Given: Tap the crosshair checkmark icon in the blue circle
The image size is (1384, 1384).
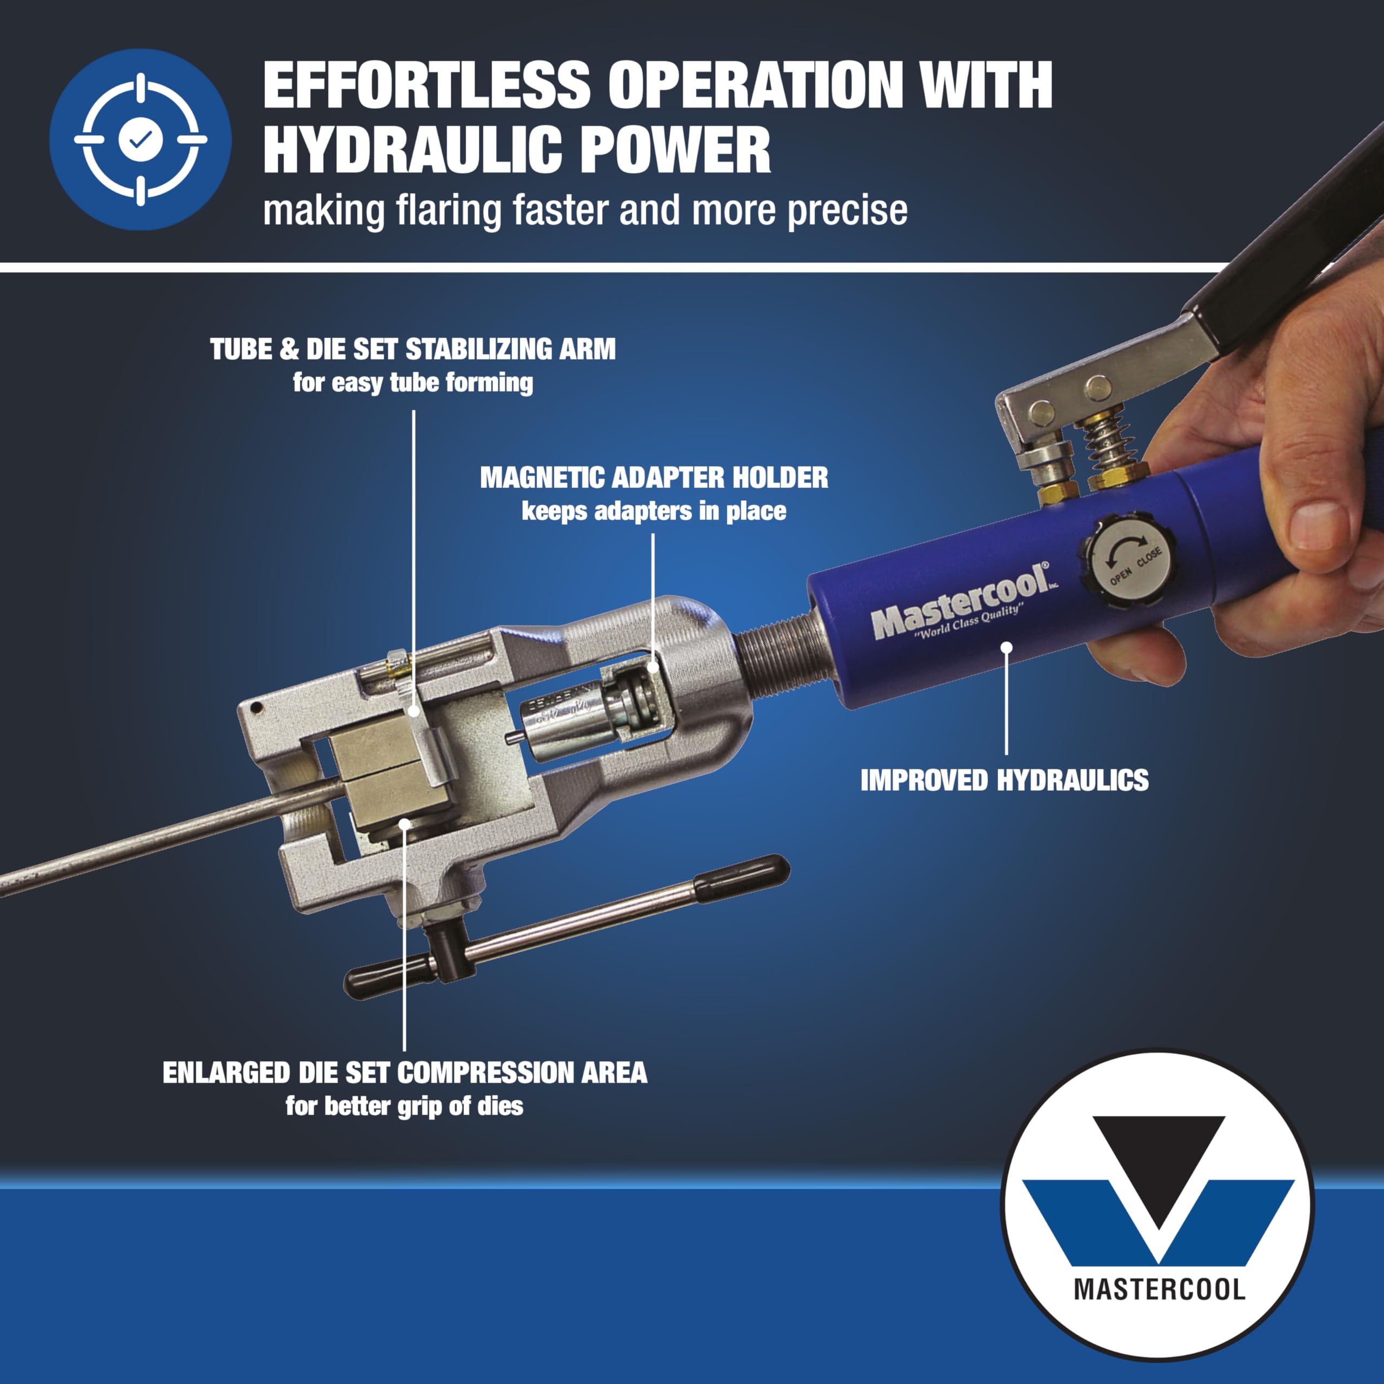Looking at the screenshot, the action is [141, 139].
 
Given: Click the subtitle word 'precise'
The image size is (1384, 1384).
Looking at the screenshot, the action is [848, 211].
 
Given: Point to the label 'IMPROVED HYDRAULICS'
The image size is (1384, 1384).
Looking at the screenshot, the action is [1004, 780].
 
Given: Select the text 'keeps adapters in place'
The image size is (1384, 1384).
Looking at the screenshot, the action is [654, 511].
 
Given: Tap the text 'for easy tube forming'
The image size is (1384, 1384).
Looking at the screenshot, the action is [412, 383].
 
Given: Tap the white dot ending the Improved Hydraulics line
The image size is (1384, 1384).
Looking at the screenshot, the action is [1006, 647].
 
